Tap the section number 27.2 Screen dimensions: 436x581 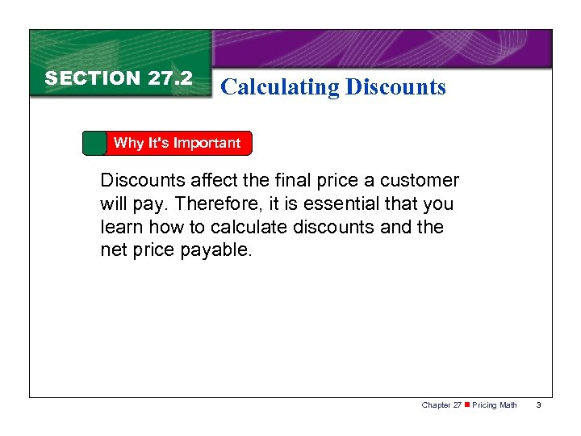[x=170, y=78]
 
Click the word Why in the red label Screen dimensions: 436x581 [x=128, y=143]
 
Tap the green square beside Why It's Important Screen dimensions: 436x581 [x=94, y=143]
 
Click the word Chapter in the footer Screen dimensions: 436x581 [x=437, y=405]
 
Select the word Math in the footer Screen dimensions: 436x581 [x=508, y=405]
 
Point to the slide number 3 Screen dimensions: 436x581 [x=539, y=405]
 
